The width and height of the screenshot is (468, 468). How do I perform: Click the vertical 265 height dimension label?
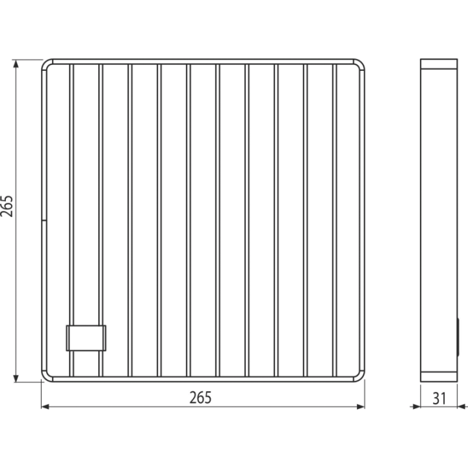click(x=6, y=206)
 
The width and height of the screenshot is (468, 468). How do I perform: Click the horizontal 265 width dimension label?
click(x=200, y=398)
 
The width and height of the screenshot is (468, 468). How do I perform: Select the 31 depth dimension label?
click(x=439, y=398)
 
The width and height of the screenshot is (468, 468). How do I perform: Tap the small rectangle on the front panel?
click(x=86, y=338)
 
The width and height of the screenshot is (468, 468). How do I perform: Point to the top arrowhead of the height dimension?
click(x=16, y=63)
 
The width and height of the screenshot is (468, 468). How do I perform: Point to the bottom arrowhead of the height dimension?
click(x=16, y=378)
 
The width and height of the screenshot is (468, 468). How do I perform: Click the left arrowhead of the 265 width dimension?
click(x=45, y=406)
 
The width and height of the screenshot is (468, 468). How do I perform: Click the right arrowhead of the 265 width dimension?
click(x=361, y=406)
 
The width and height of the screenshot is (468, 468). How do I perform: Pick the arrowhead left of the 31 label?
click(x=417, y=406)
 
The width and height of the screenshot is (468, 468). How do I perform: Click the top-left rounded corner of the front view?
click(x=45, y=63)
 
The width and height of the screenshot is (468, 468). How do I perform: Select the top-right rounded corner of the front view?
click(x=361, y=63)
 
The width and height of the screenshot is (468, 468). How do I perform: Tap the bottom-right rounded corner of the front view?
click(x=361, y=378)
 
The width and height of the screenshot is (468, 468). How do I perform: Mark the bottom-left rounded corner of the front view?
click(x=45, y=378)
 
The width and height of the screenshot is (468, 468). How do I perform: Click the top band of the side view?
click(x=439, y=64)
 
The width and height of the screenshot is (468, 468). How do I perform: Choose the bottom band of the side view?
click(x=439, y=376)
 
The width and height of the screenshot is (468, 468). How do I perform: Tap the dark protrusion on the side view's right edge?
click(x=458, y=337)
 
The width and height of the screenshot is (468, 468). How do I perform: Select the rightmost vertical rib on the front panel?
click(x=335, y=220)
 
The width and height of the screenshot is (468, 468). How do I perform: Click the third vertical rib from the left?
click(x=130, y=220)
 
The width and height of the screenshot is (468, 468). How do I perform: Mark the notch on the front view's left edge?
click(x=44, y=220)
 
